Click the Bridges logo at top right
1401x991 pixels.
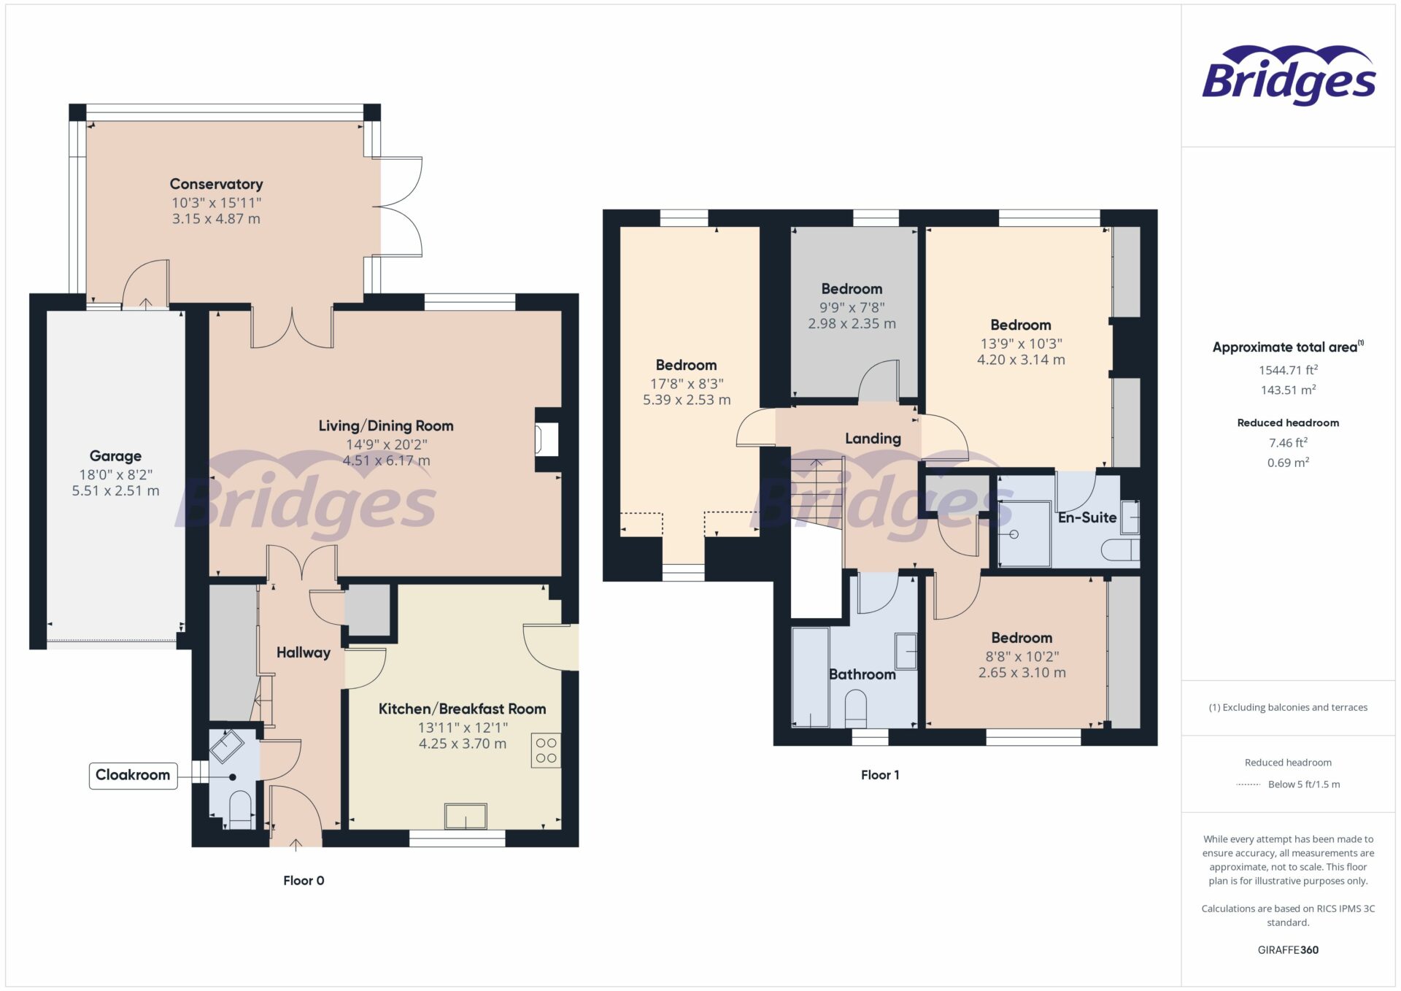(1288, 76)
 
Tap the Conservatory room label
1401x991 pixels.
(216, 184)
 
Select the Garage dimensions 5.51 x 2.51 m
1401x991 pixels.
(115, 491)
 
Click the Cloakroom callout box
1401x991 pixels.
(133, 775)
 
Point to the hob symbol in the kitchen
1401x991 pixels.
(546, 750)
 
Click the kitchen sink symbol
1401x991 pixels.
(466, 816)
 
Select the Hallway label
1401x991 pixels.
(303, 652)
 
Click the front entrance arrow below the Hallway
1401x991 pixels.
(296, 845)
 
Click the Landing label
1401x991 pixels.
(873, 439)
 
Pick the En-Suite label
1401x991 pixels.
(1087, 517)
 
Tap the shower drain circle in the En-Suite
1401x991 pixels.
(1014, 534)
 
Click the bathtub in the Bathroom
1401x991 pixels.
(810, 677)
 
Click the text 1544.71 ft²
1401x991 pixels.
(1287, 370)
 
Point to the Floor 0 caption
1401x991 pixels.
(304, 881)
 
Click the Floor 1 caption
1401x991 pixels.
(879, 775)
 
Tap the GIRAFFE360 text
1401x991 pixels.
(1287, 950)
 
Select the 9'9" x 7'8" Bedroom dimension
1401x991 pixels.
(852, 307)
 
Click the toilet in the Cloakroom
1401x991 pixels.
(240, 810)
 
